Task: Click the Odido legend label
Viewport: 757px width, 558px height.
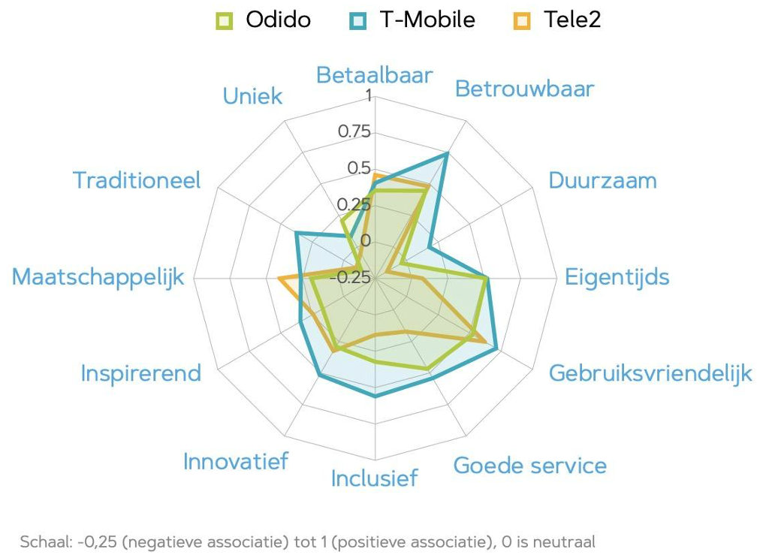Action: pos(278,20)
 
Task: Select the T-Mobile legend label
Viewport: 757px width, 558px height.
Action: pos(427,20)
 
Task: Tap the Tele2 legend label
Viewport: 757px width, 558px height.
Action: pos(572,20)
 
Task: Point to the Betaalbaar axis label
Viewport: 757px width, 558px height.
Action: pos(374,75)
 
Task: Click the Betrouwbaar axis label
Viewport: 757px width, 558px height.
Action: pos(524,89)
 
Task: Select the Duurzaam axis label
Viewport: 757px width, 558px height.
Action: pos(602,180)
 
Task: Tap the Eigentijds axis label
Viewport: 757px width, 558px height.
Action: pos(617,276)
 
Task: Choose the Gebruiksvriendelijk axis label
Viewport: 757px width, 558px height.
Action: pos(650,373)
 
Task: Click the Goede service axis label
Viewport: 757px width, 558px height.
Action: pos(529,466)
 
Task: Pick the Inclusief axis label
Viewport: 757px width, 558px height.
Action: pos(374,478)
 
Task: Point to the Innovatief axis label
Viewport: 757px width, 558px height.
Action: pos(235,461)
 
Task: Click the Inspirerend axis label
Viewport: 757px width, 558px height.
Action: pos(141,373)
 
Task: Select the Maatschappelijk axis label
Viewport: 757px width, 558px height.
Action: pos(98,276)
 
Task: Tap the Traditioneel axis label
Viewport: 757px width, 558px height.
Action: pos(137,180)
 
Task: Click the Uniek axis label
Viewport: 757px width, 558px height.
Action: pos(252,96)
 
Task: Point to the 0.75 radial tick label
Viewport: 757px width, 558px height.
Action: pos(354,131)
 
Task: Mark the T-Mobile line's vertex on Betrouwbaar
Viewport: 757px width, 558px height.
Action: pos(446,154)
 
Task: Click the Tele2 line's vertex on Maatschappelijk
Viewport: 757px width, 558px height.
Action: pos(279,279)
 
